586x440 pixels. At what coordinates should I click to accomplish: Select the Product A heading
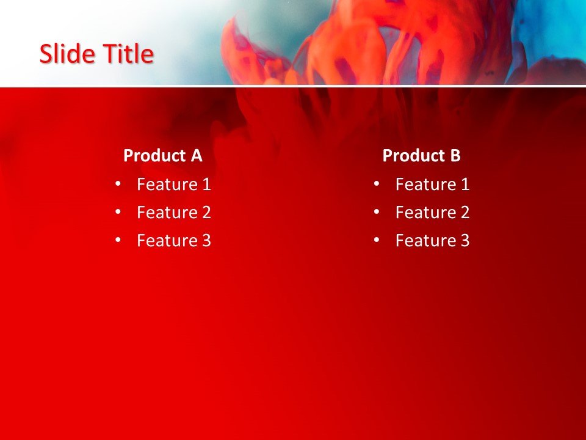pos(162,156)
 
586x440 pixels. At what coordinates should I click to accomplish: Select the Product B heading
pos(421,156)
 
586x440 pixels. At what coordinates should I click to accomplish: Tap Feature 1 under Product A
pos(173,184)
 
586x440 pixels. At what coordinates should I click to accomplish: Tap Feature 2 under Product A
pos(173,212)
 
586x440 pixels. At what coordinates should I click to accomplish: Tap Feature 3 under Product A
pos(173,240)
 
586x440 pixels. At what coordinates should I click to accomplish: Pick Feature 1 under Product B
pos(432,184)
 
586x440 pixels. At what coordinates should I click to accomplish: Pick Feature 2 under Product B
pos(432,212)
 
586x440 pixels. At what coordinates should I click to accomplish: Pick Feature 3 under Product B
pos(432,240)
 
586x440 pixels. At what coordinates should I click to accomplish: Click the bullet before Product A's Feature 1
pos(118,183)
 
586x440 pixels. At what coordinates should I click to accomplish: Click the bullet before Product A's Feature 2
pos(118,211)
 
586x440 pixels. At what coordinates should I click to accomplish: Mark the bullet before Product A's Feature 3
pos(118,240)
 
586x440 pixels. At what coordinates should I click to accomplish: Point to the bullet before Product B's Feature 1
pos(377,183)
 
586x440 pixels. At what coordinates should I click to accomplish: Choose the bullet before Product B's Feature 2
pos(377,211)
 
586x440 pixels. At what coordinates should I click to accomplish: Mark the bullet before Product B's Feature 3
pos(377,240)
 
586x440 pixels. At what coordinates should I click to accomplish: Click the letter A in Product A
pos(196,156)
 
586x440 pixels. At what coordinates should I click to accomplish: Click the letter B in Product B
pos(455,156)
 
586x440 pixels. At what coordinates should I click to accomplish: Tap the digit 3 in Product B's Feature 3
pos(465,240)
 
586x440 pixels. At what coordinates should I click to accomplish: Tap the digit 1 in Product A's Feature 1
pos(206,184)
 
